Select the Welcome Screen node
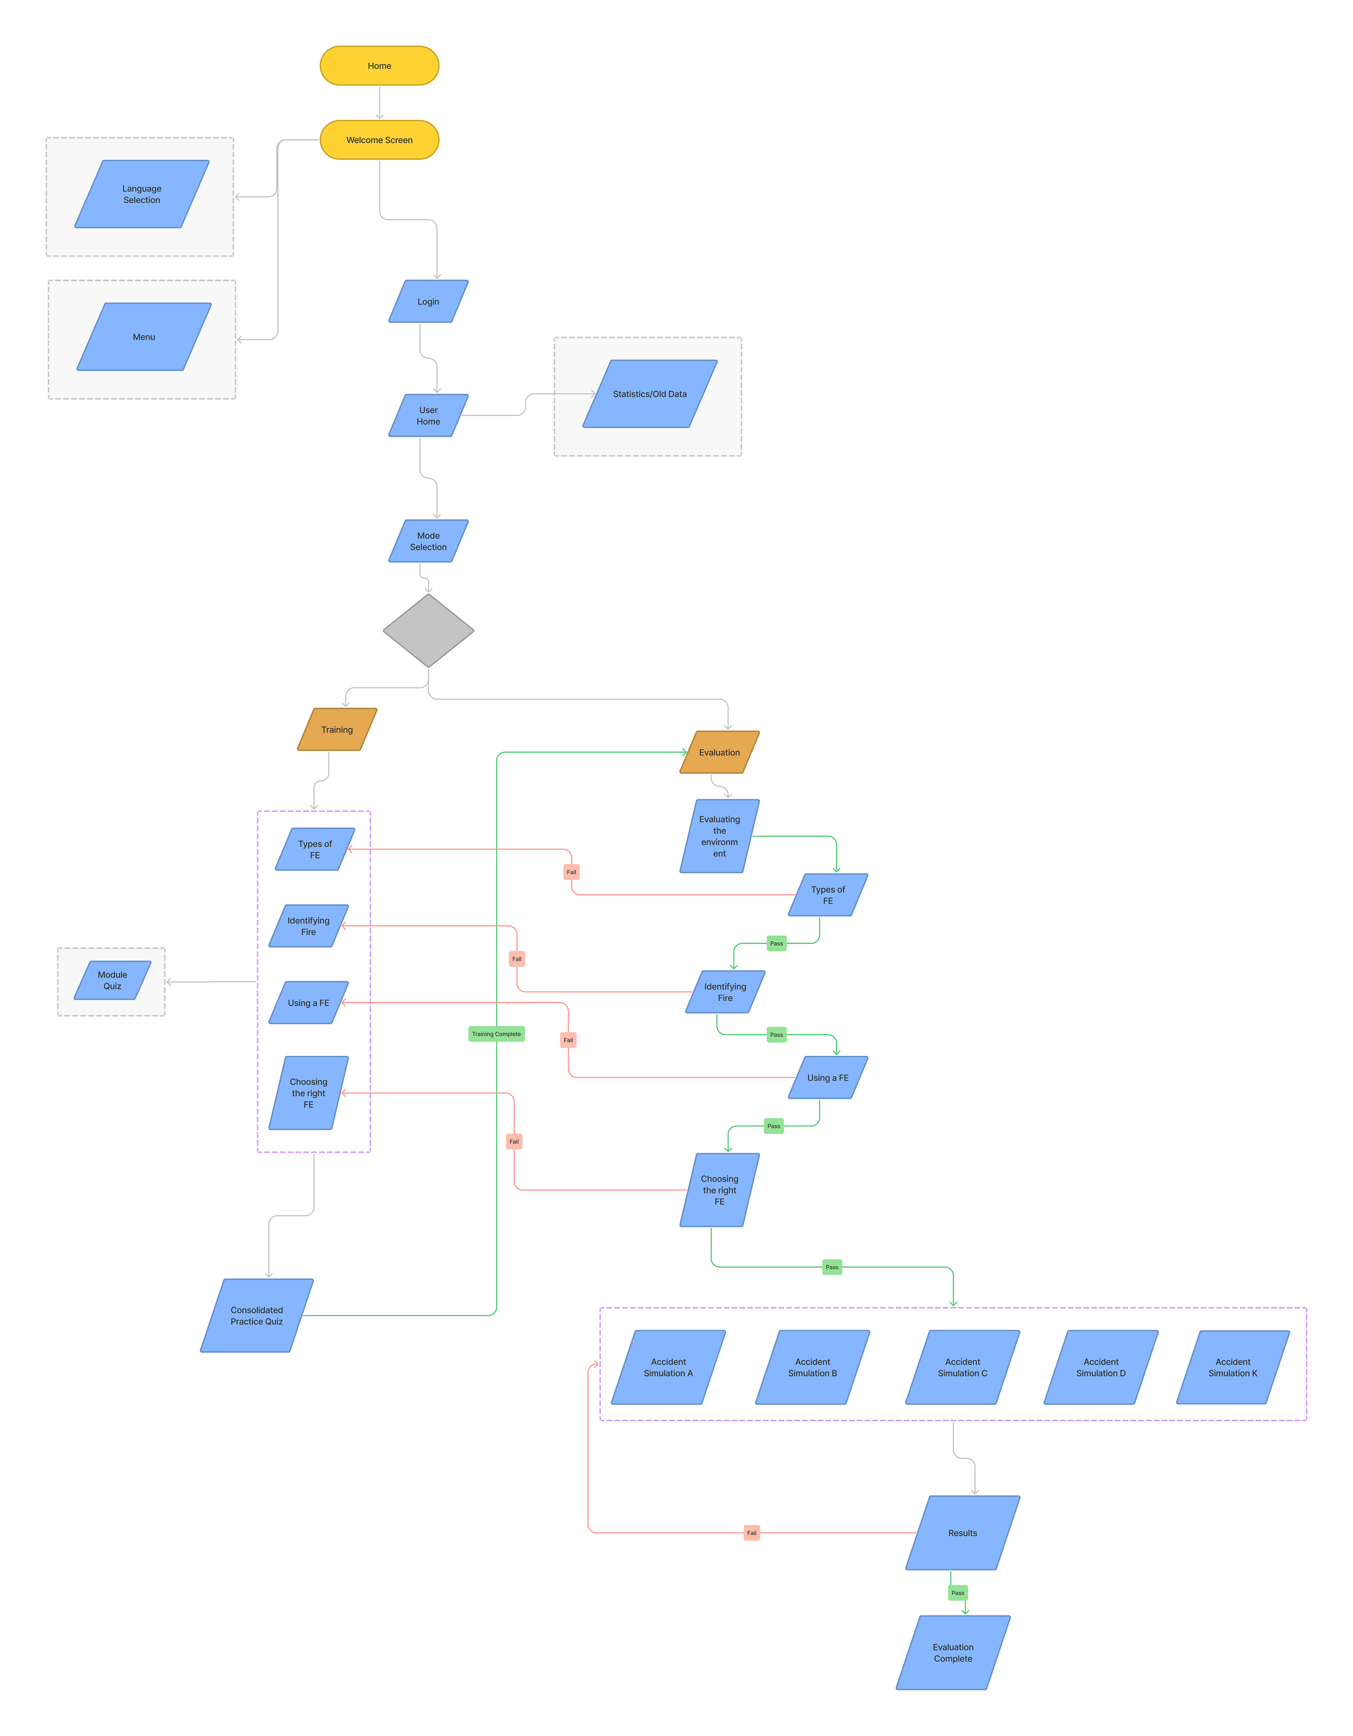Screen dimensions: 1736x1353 coord(379,140)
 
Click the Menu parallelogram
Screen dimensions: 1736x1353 coord(144,337)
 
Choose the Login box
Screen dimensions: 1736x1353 coord(428,301)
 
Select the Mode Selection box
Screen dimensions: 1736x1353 coord(428,541)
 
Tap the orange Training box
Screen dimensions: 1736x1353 coord(337,730)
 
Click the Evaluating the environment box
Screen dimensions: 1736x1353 coord(719,836)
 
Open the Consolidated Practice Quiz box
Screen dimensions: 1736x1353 coord(257,1315)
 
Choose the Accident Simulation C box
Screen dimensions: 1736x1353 coord(963,1367)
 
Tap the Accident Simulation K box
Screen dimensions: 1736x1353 coord(1233,1367)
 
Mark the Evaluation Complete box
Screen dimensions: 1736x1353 coord(953,1653)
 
